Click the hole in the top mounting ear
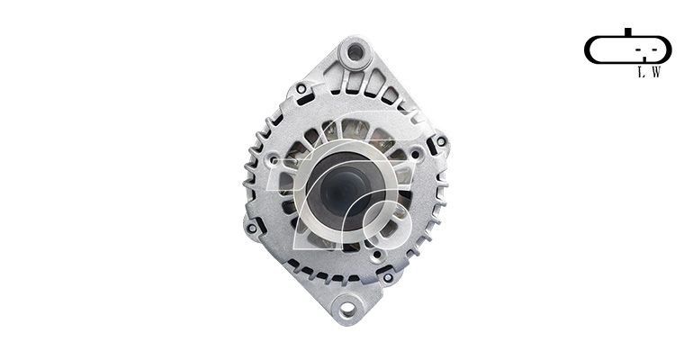[355, 53]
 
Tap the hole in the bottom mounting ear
[347, 308]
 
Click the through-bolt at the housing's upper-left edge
[301, 89]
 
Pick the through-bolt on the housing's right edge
[441, 141]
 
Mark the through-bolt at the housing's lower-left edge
[251, 229]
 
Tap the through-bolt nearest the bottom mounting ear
[388, 278]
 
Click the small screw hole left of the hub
[274, 158]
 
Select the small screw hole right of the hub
[415, 154]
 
